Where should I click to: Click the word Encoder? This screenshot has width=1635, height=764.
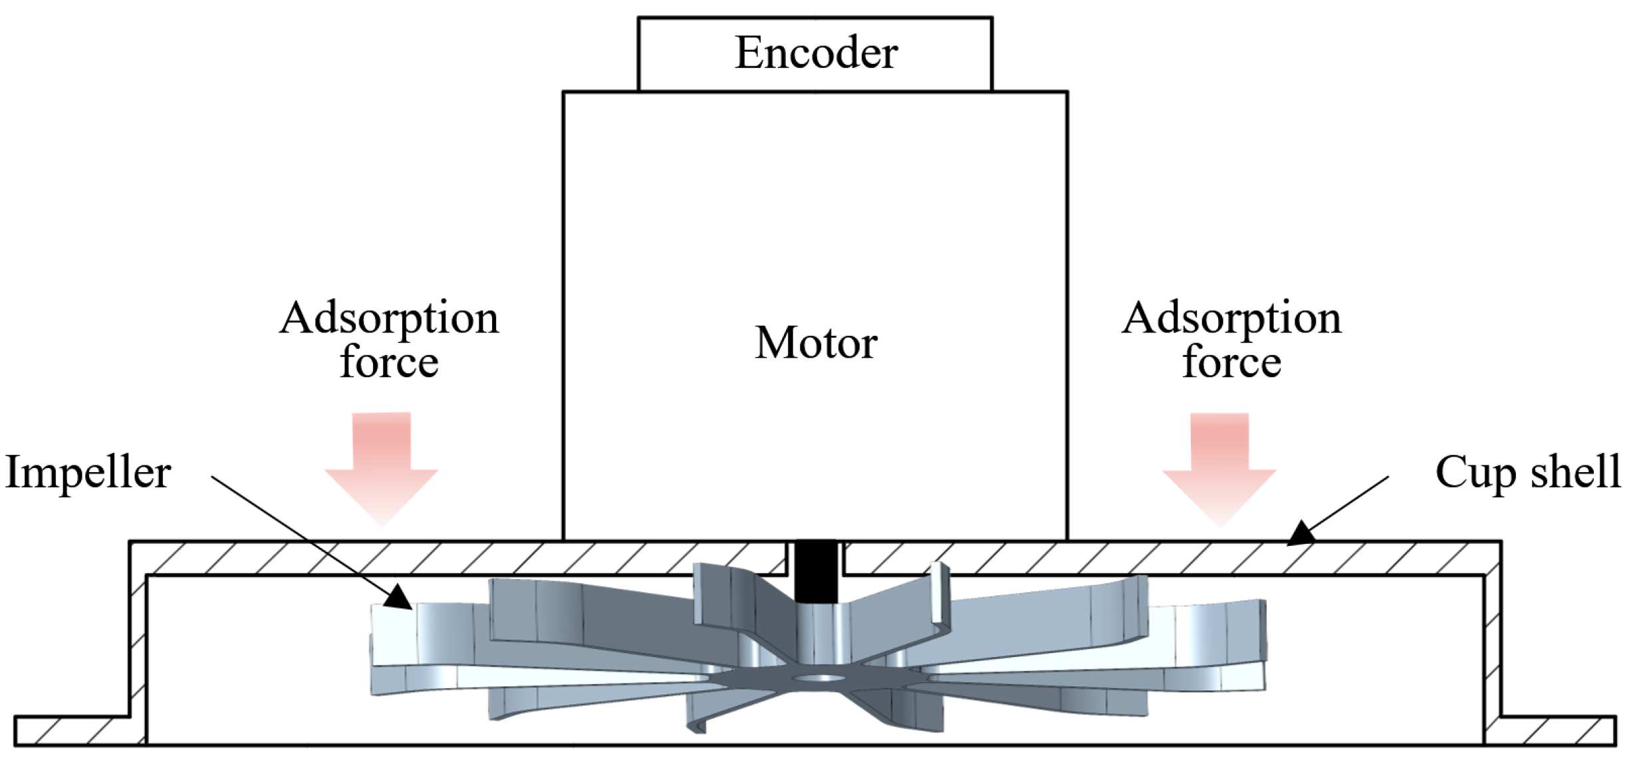pos(816,53)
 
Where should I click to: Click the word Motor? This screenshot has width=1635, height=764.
pos(816,343)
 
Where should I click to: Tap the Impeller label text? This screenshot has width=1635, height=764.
pos(88,473)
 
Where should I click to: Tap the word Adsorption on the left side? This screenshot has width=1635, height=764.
pos(389,318)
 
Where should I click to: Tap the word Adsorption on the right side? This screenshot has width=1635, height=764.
pos(1231,318)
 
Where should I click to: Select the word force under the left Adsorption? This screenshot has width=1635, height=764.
pos(389,362)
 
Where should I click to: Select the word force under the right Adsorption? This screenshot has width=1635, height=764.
pos(1231,362)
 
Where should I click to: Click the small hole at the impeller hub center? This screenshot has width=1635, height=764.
pos(819,678)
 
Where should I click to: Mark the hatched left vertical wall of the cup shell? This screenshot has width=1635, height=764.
pos(138,638)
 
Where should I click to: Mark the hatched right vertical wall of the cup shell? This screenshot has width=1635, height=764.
pos(1493,638)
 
